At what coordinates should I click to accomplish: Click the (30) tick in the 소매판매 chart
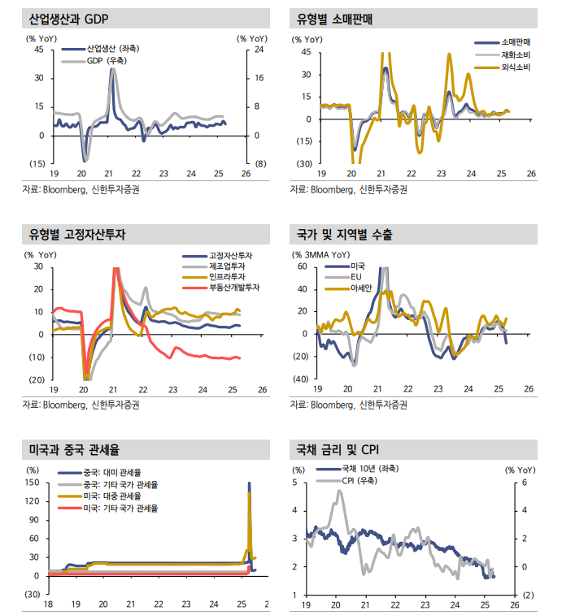[303, 164]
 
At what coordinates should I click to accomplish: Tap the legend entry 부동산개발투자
[233, 288]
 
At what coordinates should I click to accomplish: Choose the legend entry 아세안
[362, 288]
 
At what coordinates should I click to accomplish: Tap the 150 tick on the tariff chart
[33, 483]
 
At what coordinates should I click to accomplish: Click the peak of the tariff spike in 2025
[249, 483]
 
